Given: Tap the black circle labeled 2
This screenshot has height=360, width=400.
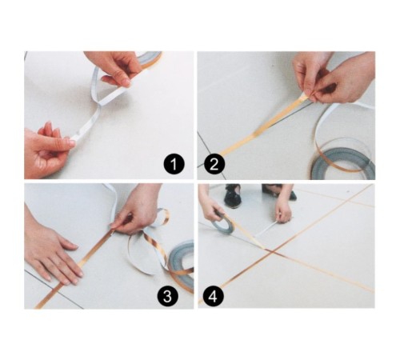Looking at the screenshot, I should point(213,166).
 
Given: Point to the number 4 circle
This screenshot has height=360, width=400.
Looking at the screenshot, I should point(213,297).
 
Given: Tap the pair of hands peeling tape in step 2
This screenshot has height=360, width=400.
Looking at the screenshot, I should point(332,76).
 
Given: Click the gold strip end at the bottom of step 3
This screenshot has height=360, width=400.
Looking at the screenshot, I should point(44,299).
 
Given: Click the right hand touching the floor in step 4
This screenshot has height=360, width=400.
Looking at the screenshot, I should point(282,209).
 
